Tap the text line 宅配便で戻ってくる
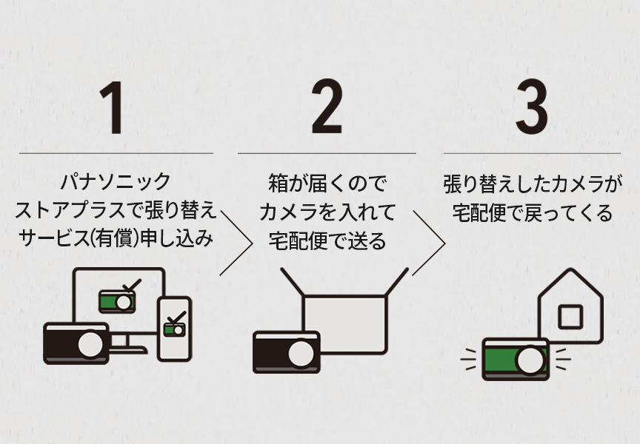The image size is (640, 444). pyautogui.click(x=532, y=213)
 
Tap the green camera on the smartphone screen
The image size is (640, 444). pyautogui.click(x=175, y=326)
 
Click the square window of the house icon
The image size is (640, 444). pyautogui.click(x=570, y=317)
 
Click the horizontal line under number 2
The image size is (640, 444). pyautogui.click(x=326, y=153)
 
